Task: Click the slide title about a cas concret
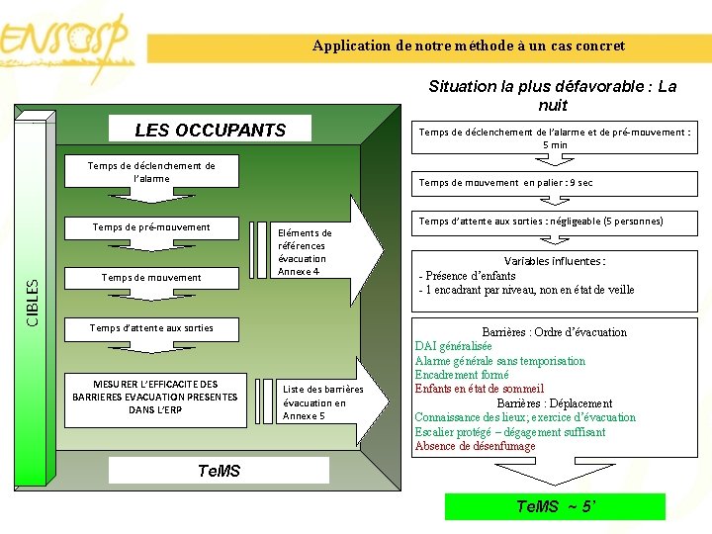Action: (469, 45)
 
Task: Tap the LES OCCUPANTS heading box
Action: (210, 130)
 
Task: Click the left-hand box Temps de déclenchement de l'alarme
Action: (151, 171)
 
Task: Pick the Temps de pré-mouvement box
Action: (151, 227)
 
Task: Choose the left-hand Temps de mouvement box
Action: (151, 278)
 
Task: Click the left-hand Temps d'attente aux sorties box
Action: (151, 327)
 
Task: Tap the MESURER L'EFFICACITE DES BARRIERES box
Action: (155, 397)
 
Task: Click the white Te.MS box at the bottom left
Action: (219, 470)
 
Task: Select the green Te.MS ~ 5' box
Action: (555, 506)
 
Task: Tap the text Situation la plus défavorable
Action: (553, 95)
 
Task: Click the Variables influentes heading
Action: (555, 261)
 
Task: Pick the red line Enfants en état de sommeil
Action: (480, 389)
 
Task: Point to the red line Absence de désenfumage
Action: (475, 446)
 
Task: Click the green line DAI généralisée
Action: (453, 346)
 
